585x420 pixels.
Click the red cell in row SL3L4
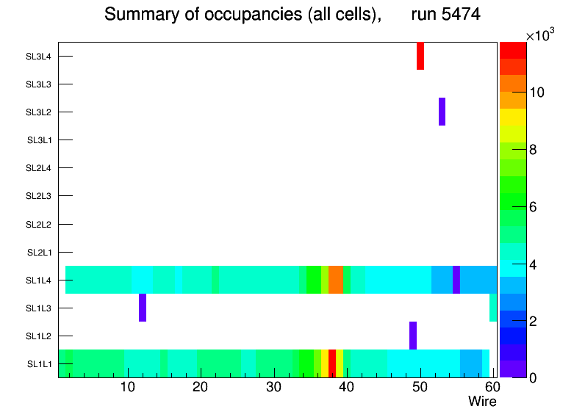point(420,56)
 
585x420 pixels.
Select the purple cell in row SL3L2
point(442,112)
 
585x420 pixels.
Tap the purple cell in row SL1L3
point(143,308)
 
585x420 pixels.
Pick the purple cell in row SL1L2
point(413,336)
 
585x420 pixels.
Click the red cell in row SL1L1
point(332,363)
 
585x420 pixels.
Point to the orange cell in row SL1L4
point(336,280)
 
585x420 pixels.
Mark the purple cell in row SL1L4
point(456,280)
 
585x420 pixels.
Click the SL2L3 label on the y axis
point(39,196)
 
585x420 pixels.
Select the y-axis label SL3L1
point(39,140)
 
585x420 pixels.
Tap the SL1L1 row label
point(39,364)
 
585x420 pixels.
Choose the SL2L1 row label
point(39,253)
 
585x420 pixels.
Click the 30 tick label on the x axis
point(273,387)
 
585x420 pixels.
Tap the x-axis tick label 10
point(128,387)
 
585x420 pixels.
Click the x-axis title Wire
point(482,402)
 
